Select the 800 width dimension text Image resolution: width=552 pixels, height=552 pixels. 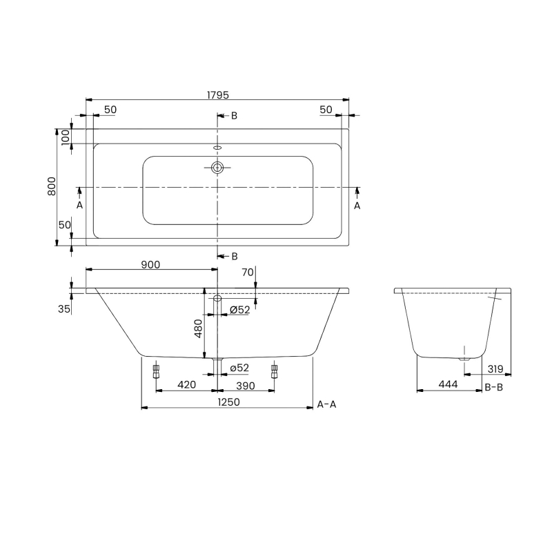[52, 186]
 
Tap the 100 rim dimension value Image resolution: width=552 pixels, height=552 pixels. [66, 136]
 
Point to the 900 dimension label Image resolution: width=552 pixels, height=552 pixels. [150, 264]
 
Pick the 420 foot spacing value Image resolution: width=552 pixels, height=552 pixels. [187, 384]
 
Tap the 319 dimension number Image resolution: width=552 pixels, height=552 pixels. [495, 368]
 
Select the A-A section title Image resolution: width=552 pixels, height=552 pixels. [326, 404]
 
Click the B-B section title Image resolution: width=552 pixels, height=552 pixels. [493, 388]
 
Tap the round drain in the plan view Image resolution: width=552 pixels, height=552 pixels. [218, 167]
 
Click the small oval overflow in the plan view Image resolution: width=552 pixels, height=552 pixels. [218, 147]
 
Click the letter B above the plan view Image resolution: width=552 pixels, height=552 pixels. [234, 116]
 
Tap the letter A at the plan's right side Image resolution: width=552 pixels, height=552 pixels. [357, 205]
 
